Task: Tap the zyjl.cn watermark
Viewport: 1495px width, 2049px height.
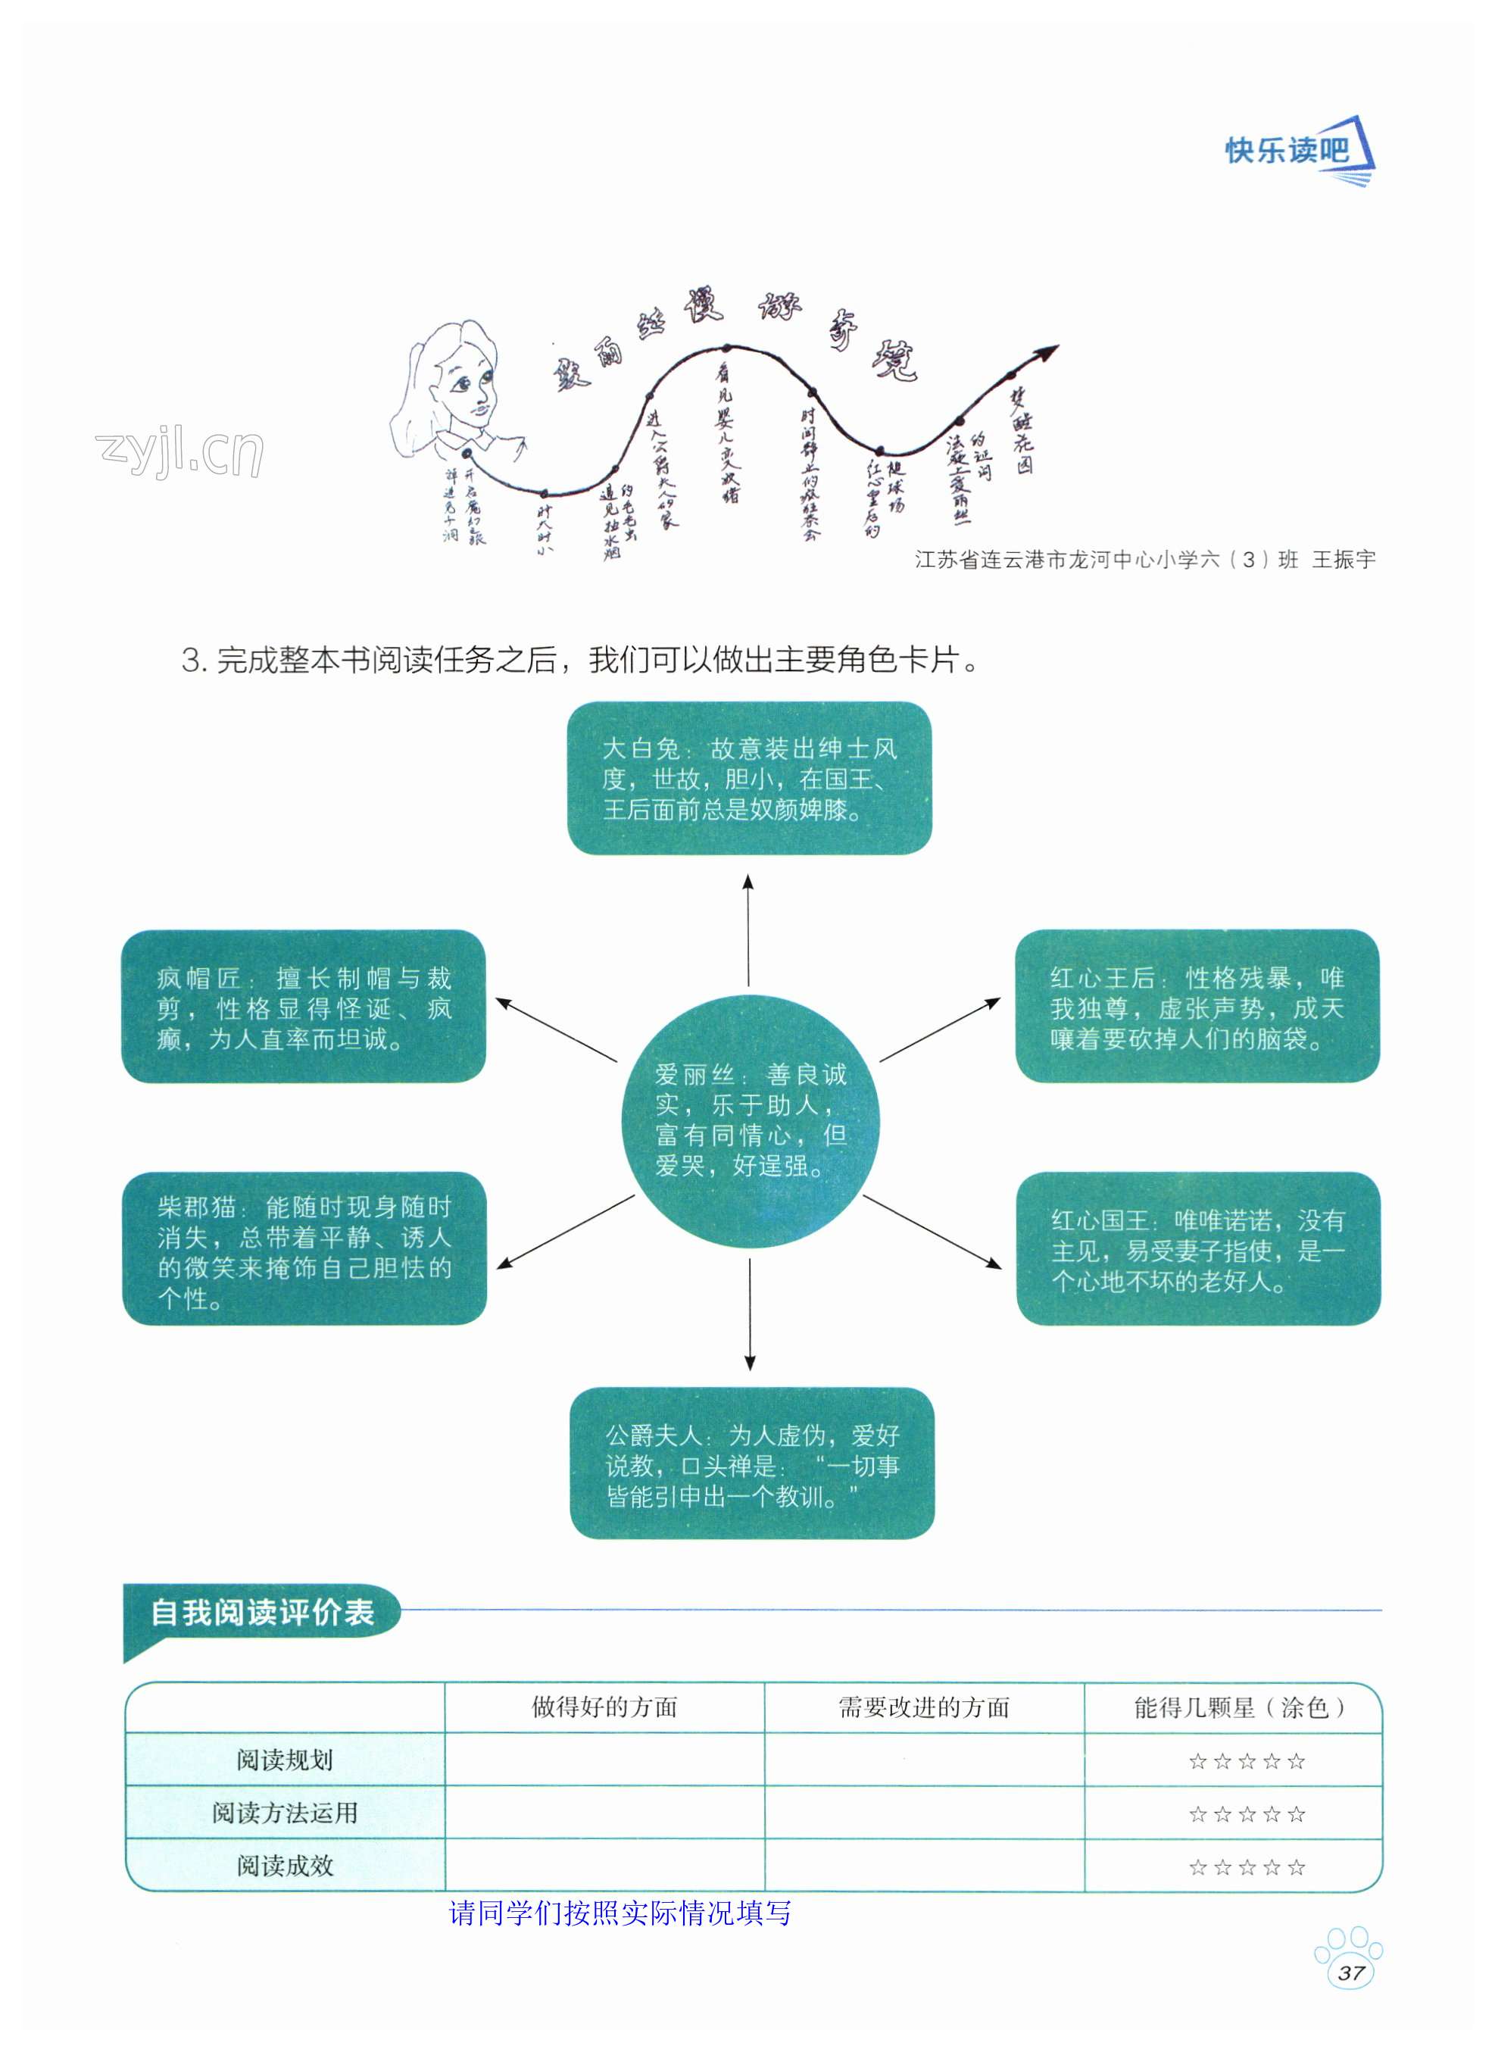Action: (x=179, y=450)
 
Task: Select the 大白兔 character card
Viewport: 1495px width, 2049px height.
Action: (x=749, y=779)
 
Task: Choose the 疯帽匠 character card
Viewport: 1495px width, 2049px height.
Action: (x=303, y=1007)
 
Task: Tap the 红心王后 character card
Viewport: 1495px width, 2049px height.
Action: (x=1197, y=1007)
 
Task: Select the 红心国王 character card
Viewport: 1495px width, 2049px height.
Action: (x=1197, y=1249)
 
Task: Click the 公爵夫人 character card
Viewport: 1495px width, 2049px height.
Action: (x=751, y=1464)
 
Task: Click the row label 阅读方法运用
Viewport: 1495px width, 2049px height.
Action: (x=285, y=1813)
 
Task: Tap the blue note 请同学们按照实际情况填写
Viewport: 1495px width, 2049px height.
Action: (x=620, y=1913)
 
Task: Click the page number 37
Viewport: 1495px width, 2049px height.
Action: (x=1350, y=1973)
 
